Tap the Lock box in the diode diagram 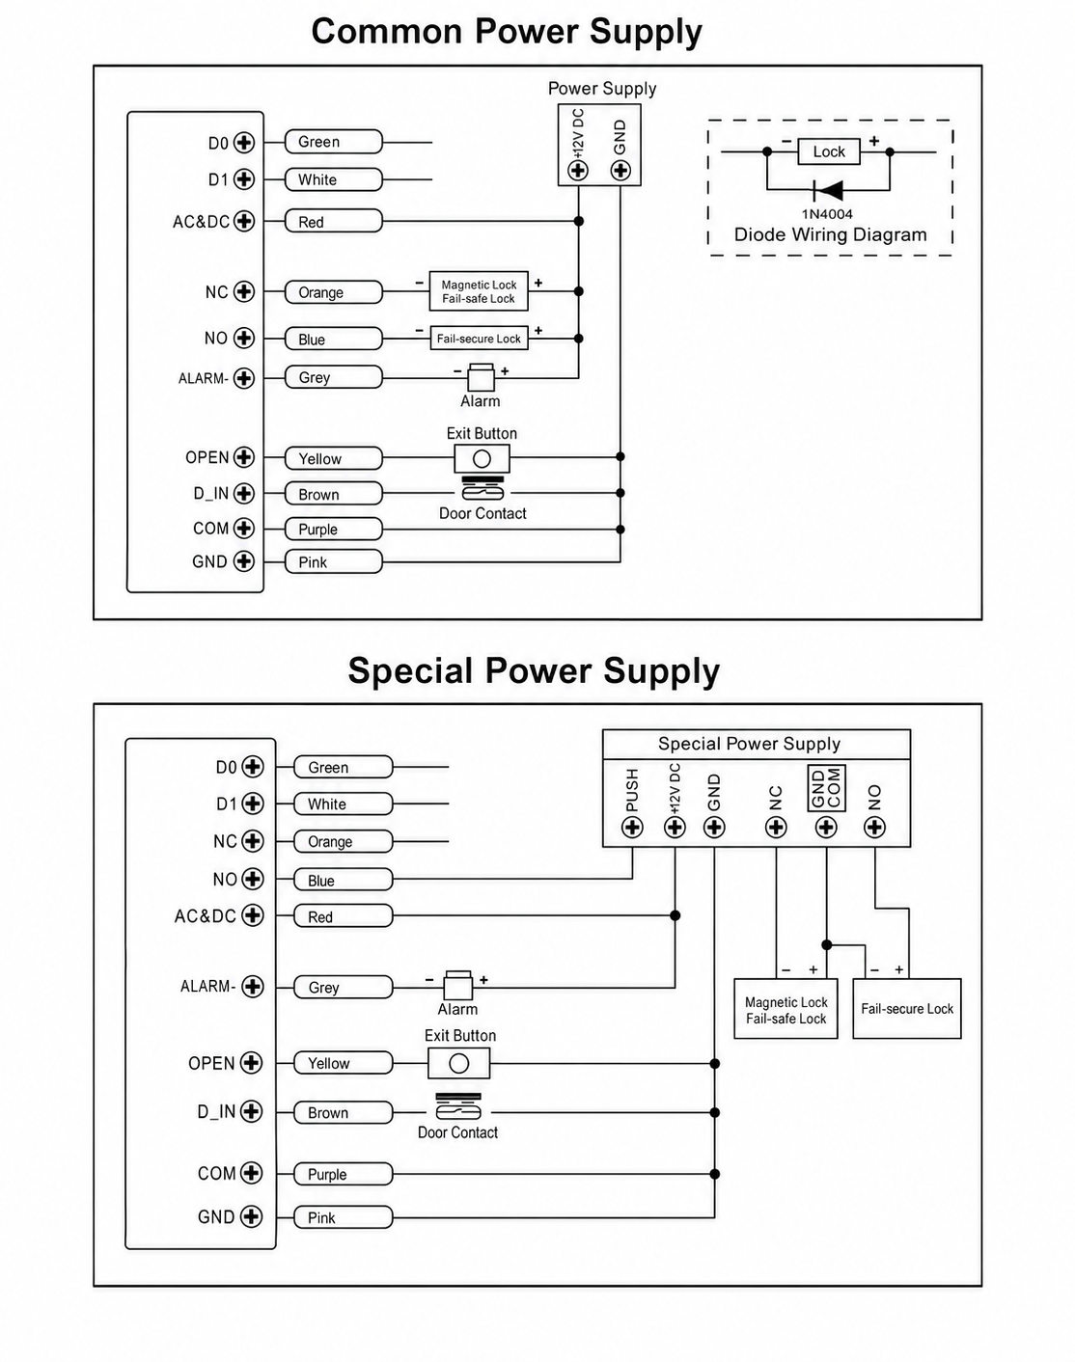pyautogui.click(x=829, y=151)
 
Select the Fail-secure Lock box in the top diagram pyautogui.click(x=479, y=339)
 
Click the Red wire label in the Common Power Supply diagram pyautogui.click(x=334, y=222)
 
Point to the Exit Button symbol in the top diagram pyautogui.click(x=482, y=458)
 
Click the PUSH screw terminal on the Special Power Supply pyautogui.click(x=632, y=828)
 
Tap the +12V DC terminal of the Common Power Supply pyautogui.click(x=578, y=170)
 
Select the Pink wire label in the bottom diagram pyautogui.click(x=344, y=1217)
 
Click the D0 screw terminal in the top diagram pyautogui.click(x=244, y=143)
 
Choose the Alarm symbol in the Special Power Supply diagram pyautogui.click(x=457, y=985)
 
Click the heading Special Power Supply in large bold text pyautogui.click(x=534, y=670)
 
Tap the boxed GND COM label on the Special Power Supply pyautogui.click(x=826, y=789)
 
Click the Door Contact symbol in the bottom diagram pyautogui.click(x=458, y=1107)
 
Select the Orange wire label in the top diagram pyautogui.click(x=334, y=292)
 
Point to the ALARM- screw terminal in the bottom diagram pyautogui.click(x=253, y=986)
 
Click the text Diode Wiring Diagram pyautogui.click(x=830, y=234)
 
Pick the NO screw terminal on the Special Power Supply pyautogui.click(x=874, y=828)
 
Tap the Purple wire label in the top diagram pyautogui.click(x=334, y=530)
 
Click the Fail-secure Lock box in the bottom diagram pyautogui.click(x=906, y=1009)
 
